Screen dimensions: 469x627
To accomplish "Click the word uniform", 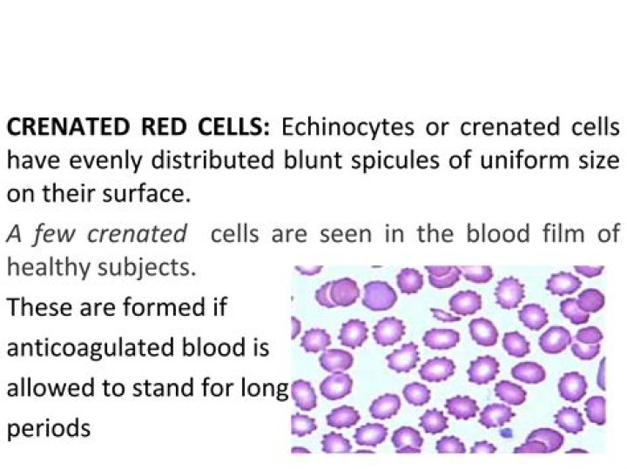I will click(518, 160).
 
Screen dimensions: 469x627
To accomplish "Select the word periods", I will click(48, 429).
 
